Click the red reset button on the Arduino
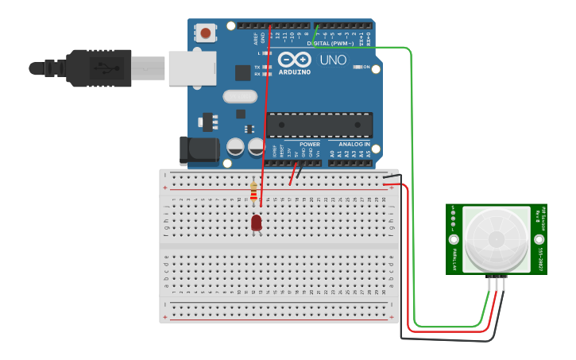[x=207, y=33]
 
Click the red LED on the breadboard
[x=257, y=223]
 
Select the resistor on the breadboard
[x=253, y=192]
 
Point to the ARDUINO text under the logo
[x=294, y=72]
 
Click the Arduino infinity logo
[x=294, y=60]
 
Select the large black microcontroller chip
[x=319, y=125]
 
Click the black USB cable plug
[x=99, y=68]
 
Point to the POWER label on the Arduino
[x=310, y=144]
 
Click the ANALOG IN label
[x=354, y=144]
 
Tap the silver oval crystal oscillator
[x=239, y=96]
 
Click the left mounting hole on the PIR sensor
[x=454, y=239]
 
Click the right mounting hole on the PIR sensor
[x=539, y=239]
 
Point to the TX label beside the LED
[x=257, y=67]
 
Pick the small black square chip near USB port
[x=242, y=72]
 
